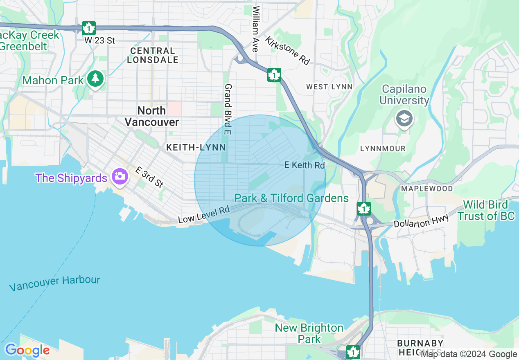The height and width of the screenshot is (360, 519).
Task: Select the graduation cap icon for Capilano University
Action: point(404,119)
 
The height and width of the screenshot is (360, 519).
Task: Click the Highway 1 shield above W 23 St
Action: point(88,28)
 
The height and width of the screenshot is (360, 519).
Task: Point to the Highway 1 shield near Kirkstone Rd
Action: point(274,75)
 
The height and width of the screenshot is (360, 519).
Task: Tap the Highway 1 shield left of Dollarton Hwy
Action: point(363,208)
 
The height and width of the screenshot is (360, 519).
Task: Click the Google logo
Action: point(27,351)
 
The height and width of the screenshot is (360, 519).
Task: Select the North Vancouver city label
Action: point(151,116)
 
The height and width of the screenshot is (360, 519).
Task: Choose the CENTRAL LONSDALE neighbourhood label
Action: point(153,55)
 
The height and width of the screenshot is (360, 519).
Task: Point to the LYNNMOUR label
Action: point(383,148)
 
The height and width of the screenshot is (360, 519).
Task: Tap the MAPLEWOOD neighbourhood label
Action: point(427,189)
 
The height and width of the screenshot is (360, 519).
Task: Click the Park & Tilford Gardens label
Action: point(291,198)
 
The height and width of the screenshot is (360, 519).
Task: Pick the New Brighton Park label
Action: point(309,333)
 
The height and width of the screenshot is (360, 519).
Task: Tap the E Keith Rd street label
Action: point(305,165)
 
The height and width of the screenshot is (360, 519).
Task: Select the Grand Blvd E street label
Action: point(228,109)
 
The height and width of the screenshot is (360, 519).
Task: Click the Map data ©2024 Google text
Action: point(469,354)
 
